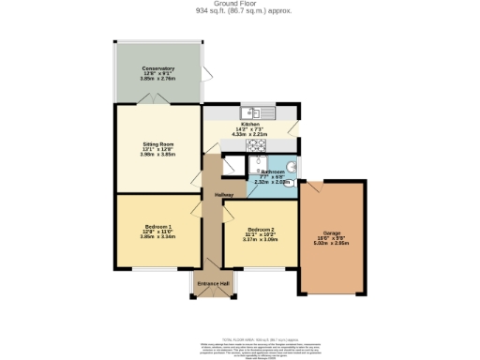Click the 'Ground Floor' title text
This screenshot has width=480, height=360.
click(239, 4)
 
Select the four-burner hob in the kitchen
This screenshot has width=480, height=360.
click(255, 144)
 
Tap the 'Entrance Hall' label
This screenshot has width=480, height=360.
click(213, 284)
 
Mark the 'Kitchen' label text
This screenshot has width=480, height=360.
click(249, 124)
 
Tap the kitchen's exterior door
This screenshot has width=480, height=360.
click(294, 128)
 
